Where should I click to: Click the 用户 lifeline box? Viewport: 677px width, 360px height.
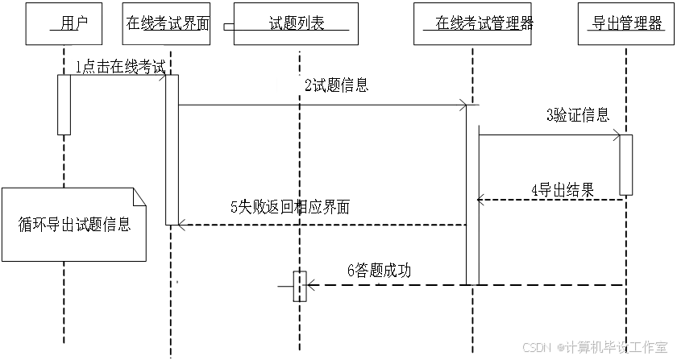tap(64, 23)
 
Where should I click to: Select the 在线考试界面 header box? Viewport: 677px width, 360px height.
tap(167, 23)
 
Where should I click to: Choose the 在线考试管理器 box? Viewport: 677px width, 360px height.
tap(474, 23)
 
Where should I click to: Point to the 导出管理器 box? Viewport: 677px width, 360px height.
tap(625, 23)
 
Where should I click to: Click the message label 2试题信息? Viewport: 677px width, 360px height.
tap(334, 85)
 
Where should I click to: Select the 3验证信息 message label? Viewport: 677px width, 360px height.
tap(578, 115)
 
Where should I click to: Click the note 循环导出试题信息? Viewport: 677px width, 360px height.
tap(73, 225)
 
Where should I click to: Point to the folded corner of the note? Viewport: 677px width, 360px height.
tap(139, 195)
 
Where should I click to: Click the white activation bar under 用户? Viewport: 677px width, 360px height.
tap(64, 105)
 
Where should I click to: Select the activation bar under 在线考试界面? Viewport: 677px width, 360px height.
tap(172, 150)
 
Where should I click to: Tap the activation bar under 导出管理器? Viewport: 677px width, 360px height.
tap(625, 164)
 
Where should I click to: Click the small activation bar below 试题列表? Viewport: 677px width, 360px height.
tap(292, 286)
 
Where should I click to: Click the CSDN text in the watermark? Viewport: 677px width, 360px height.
tap(535, 347)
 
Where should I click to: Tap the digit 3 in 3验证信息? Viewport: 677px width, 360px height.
tap(550, 115)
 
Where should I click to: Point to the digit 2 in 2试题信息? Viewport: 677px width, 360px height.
tap(308, 85)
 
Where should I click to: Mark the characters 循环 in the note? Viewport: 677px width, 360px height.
tap(33, 225)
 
